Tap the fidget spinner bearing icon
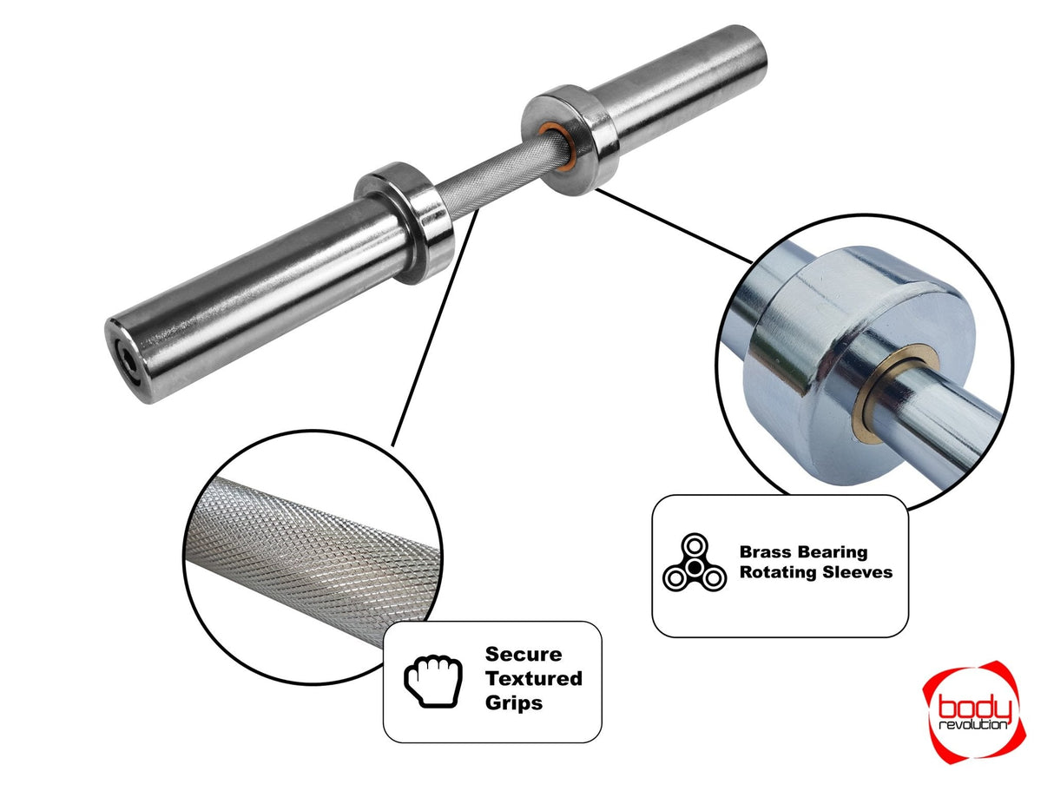click(x=694, y=564)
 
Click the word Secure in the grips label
click(x=523, y=655)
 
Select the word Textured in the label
click(x=533, y=679)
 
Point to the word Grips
click(x=513, y=702)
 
